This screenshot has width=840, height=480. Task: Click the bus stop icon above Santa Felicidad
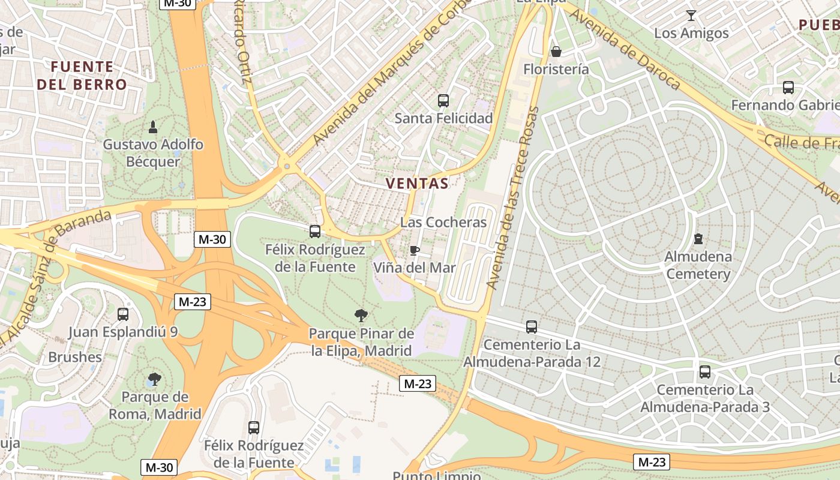(443, 101)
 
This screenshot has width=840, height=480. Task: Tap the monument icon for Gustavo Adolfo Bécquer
(153, 127)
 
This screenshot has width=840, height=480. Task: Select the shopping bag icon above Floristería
(556, 52)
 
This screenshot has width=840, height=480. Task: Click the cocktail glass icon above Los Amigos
(691, 16)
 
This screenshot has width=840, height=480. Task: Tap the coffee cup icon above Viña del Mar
(414, 250)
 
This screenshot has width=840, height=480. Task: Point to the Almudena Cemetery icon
(698, 239)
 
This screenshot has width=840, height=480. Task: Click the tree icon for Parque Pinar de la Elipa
(361, 315)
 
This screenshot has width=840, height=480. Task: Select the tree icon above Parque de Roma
(154, 379)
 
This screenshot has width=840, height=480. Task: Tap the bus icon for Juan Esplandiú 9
(123, 314)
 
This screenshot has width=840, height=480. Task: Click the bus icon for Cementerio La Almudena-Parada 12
(532, 327)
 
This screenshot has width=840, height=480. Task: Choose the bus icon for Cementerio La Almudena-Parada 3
(705, 372)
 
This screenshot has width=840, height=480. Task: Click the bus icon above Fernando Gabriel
(788, 88)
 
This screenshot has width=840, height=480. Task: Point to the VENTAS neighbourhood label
(417, 184)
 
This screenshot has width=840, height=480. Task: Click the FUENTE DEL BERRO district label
(82, 76)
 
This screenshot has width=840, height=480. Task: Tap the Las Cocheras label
(443, 222)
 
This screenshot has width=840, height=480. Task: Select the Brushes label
(75, 357)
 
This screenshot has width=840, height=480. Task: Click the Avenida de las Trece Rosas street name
(513, 198)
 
